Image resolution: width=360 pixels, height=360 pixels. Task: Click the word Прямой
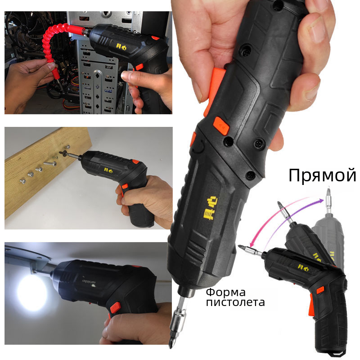322,175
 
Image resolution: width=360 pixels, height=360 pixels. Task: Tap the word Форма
225,292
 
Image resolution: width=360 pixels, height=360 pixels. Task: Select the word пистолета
235,302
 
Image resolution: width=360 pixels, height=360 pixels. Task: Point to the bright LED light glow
32,293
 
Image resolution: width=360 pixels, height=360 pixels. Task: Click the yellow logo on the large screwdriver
210,208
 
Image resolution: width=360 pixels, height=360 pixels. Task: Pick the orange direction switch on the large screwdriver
221,126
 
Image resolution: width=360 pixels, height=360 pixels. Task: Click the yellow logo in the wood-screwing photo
108,170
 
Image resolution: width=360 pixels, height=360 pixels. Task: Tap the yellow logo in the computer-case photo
121,47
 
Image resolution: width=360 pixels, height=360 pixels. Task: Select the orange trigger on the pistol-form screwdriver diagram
311,306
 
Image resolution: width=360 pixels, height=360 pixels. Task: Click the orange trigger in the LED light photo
115,307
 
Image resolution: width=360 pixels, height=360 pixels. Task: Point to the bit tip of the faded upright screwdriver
329,189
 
